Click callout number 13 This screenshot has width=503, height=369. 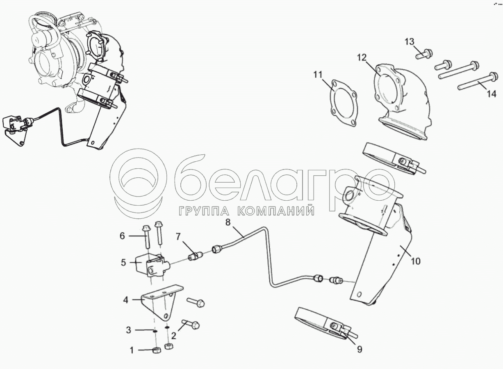coord(410,42)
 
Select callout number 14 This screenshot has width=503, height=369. coord(491,94)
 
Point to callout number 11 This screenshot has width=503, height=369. coord(319,75)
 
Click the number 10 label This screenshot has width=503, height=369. coord(415,261)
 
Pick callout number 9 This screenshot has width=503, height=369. coord(360,350)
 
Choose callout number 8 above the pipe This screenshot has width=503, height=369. coord(228,222)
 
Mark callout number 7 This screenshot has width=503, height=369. coord(178,236)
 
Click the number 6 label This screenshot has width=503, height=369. coord(122,236)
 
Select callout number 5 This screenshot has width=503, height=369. coord(123,262)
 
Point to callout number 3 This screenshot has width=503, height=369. coord(128,330)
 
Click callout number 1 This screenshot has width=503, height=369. coord(132,350)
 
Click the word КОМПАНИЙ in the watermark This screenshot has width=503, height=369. coord(276,211)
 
